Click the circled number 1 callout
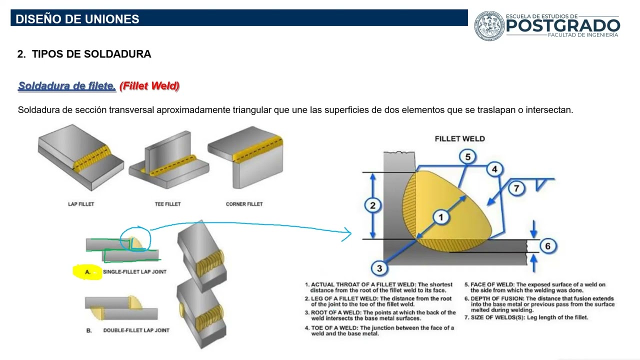[441, 217]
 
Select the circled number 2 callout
[372, 205]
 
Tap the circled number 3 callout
[379, 268]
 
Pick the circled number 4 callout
[494, 169]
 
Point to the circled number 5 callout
[467, 157]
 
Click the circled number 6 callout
[547, 246]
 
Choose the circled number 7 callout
[516, 188]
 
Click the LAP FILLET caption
[81, 204]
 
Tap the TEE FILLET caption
[167, 204]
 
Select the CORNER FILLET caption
[244, 204]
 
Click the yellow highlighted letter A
[87, 272]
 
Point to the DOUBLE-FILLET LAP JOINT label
[136, 330]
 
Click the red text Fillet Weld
[149, 85]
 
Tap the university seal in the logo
[489, 25]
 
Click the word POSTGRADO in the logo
[563, 26]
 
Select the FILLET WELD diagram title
[459, 139]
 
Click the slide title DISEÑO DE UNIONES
[77, 19]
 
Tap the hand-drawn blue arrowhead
[347, 234]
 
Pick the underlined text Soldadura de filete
[67, 86]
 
